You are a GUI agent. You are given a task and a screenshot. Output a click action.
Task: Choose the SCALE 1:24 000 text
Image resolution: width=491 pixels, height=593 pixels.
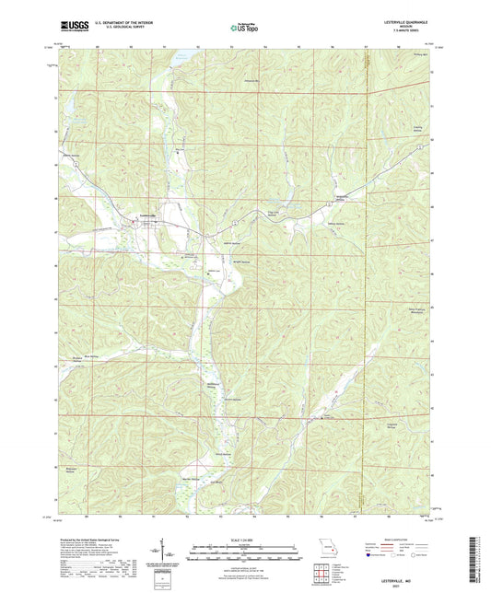click(x=244, y=540)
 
